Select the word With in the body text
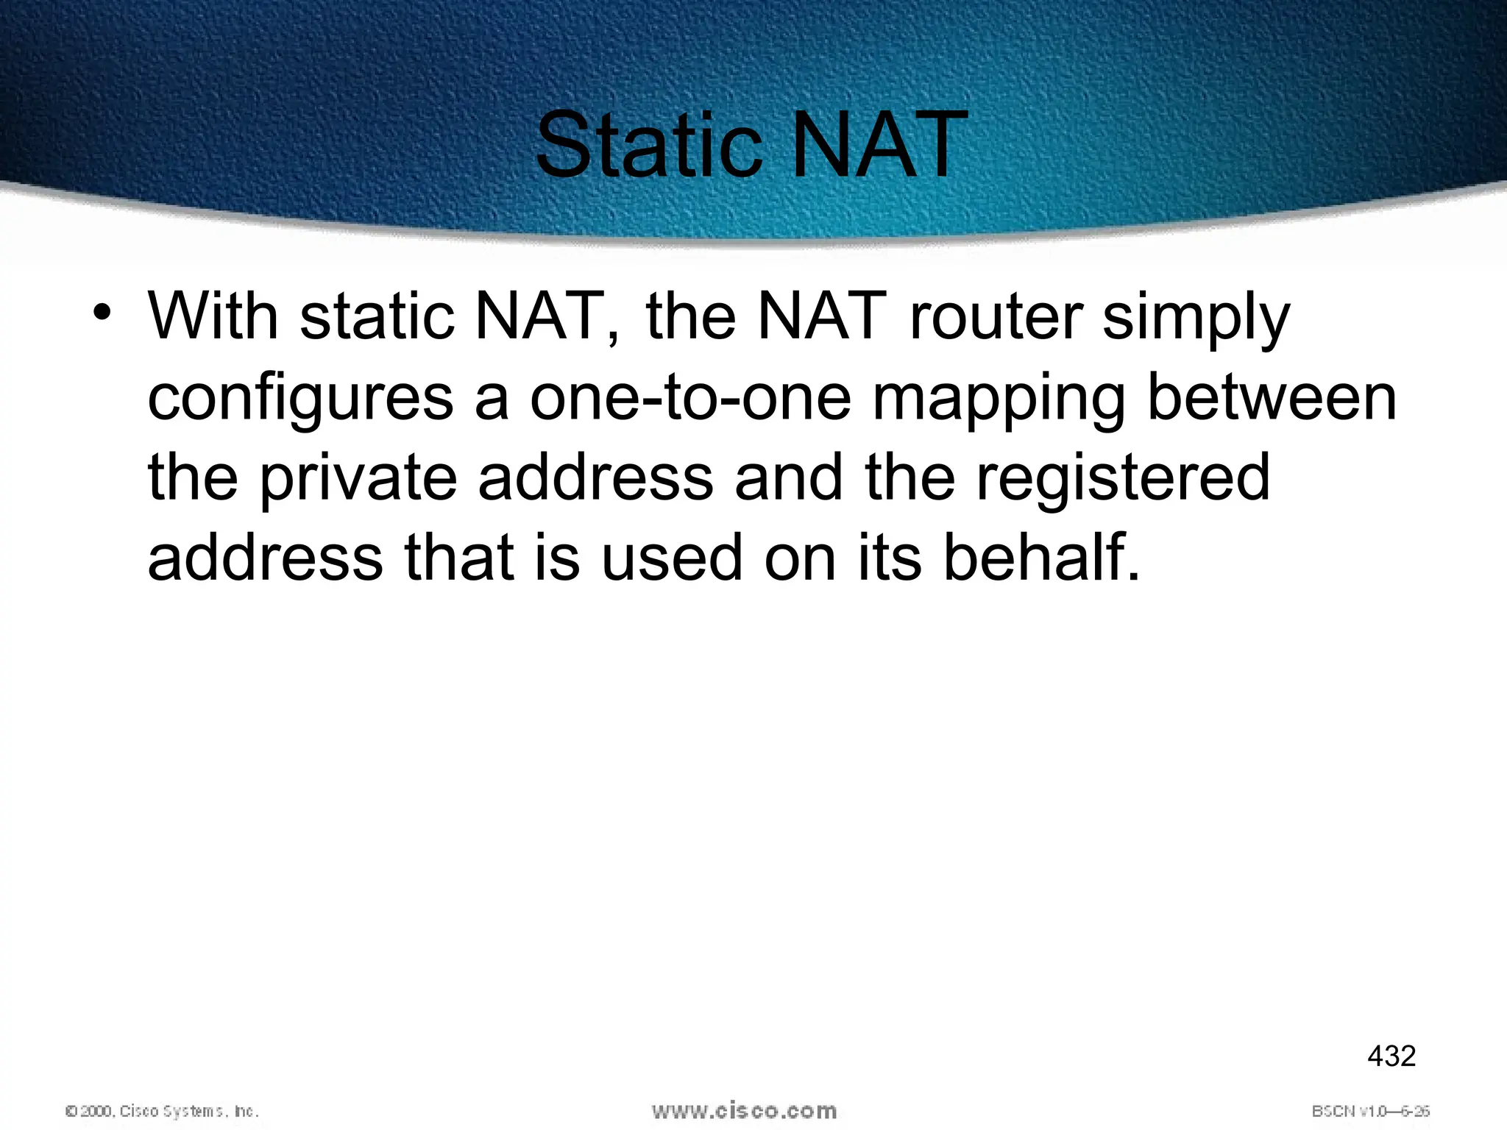click(213, 316)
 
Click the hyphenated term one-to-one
click(690, 397)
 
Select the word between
click(1272, 397)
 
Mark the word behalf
click(1041, 557)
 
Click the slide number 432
click(1391, 1056)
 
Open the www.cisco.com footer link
click(744, 1110)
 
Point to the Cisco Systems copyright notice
click(163, 1111)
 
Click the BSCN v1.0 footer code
click(1370, 1111)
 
